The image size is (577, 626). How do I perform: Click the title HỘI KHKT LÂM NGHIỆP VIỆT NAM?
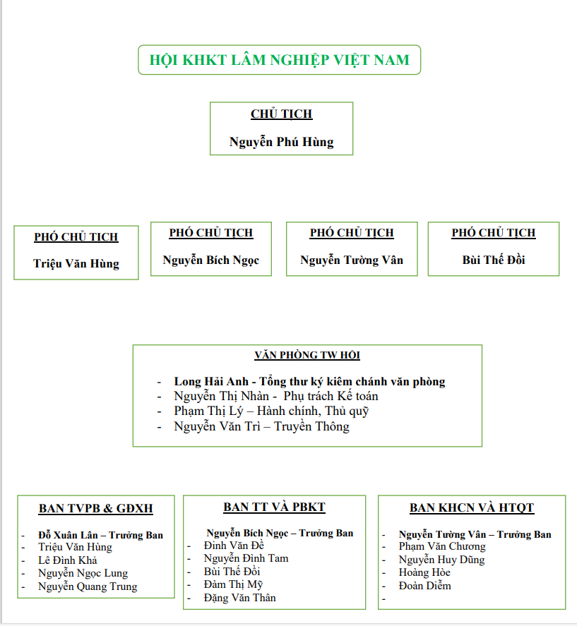coord(279,60)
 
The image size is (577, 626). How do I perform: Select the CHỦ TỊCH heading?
coord(281,114)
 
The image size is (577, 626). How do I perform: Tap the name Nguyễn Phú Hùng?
coord(281,142)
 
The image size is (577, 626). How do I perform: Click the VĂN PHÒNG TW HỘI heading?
coord(307,356)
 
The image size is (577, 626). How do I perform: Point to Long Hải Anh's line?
coord(309,382)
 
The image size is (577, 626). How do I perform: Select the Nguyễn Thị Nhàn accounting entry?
coord(276,397)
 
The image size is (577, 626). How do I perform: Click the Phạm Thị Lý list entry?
coord(271,411)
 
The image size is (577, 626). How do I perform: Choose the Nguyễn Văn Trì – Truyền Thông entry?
coord(261,426)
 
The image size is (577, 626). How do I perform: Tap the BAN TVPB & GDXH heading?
coord(95,509)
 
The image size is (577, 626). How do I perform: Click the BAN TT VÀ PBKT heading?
coord(274,507)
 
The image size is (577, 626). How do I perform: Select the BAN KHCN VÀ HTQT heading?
coord(472,508)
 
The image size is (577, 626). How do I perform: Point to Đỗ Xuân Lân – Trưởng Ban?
coord(100,535)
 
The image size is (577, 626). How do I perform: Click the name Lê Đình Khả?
coord(68,560)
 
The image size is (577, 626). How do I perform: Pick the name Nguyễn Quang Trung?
coord(88,586)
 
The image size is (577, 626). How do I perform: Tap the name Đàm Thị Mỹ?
coord(233,584)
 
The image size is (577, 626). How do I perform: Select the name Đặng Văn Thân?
coord(239,598)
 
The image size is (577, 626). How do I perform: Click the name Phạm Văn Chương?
coord(442,546)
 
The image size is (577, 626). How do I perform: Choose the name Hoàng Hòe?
coord(424,572)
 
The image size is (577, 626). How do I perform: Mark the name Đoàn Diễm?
coord(424,586)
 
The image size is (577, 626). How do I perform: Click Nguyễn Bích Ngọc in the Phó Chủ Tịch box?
coord(210,260)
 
